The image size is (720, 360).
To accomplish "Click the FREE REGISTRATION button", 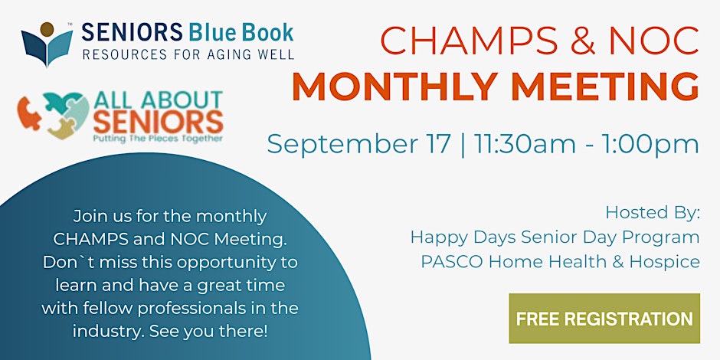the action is click(604, 319).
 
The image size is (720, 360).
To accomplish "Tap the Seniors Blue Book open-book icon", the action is click(47, 44).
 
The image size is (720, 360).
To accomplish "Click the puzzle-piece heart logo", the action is click(54, 116).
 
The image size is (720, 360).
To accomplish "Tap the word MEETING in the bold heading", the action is click(605, 86).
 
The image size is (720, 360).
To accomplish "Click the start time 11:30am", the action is click(525, 144).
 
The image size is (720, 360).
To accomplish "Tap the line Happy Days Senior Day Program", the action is click(555, 238).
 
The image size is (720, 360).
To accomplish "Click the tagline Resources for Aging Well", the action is click(188, 54).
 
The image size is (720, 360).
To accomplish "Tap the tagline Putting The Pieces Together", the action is click(158, 138).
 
